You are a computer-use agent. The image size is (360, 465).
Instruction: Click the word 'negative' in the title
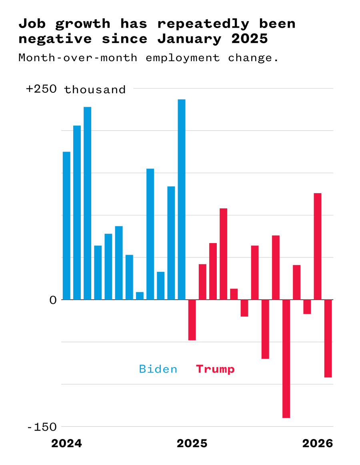(55, 39)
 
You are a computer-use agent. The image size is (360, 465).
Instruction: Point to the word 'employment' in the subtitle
(182, 58)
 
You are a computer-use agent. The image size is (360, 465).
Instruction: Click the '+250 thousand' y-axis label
(76, 89)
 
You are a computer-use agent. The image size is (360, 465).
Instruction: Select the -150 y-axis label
(42, 427)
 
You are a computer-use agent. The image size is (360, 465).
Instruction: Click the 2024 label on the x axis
(66, 444)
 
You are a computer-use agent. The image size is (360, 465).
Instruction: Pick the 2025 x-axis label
(192, 444)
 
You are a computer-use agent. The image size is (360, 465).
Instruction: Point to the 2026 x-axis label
(318, 444)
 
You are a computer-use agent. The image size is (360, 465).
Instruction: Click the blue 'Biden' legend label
(158, 369)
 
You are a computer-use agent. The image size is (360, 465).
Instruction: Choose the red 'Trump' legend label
(215, 369)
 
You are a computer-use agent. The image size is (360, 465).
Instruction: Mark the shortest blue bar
(140, 296)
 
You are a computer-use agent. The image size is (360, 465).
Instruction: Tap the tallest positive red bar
(318, 246)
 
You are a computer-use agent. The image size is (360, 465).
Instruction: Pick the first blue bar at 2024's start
(66, 226)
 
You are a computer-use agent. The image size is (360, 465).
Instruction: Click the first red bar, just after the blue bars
(192, 320)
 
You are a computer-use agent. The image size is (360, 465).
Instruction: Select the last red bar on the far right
(328, 338)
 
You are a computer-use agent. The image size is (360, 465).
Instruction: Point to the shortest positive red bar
(234, 294)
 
